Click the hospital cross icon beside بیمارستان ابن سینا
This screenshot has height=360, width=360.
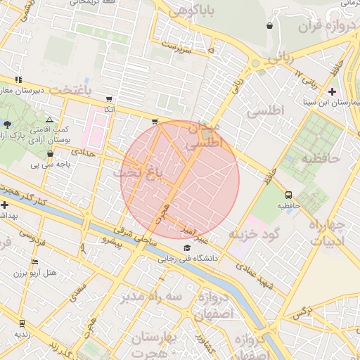[x=332, y=92]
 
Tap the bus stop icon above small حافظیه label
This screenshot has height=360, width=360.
[x=288, y=195]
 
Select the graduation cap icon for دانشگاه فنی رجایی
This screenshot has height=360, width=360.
[x=186, y=248]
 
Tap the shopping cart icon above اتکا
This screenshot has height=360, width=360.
[x=108, y=99]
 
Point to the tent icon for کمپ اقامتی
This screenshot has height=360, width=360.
[x=49, y=120]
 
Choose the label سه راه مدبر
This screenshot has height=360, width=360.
[x=146, y=297]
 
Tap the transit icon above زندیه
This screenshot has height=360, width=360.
[x=22, y=323]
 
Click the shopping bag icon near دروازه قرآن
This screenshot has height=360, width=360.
[x=270, y=26]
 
